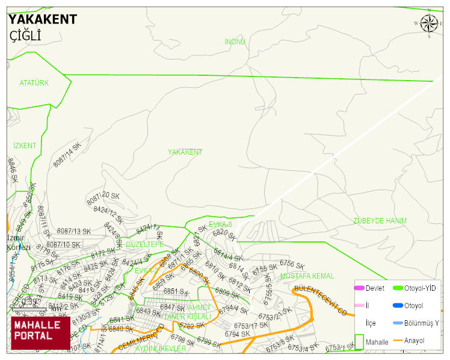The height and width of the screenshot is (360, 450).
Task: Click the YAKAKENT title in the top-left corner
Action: pyautogui.click(x=42, y=19)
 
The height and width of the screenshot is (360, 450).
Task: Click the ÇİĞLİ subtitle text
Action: pyautogui.click(x=25, y=36)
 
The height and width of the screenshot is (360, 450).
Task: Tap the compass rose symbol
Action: pyautogui.click(x=429, y=23)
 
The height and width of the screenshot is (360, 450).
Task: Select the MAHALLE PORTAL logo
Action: pyautogui.click(x=40, y=333)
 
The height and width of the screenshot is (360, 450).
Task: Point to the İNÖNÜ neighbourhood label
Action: pyautogui.click(x=235, y=42)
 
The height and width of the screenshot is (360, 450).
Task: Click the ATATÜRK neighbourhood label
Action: pyautogui.click(x=34, y=82)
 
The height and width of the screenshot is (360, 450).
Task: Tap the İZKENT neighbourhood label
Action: pyautogui.click(x=25, y=146)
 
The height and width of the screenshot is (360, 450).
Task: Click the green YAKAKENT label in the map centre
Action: pyautogui.click(x=185, y=152)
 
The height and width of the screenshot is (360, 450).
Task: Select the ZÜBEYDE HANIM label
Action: pyautogui.click(x=380, y=221)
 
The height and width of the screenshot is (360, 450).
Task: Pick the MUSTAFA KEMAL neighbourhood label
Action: pyautogui.click(x=307, y=276)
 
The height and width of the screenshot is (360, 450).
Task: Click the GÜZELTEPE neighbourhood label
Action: pyautogui.click(x=144, y=244)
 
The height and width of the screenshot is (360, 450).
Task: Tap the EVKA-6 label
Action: pyautogui.click(x=220, y=224)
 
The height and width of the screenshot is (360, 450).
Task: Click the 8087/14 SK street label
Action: pyautogui.click(x=67, y=155)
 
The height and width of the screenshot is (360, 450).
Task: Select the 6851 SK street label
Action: pyautogui.click(x=176, y=291)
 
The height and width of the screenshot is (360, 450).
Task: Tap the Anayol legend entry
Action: pyautogui.click(x=414, y=341)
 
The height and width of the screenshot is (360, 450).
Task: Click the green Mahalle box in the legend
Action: pyautogui.click(x=359, y=341)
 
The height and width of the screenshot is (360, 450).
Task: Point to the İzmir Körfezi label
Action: pyautogui.click(x=18, y=242)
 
